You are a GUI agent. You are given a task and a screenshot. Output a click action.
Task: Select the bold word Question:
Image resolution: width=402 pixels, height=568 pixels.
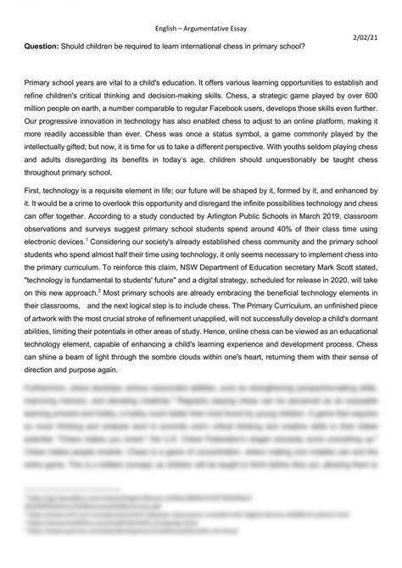click(38, 45)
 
